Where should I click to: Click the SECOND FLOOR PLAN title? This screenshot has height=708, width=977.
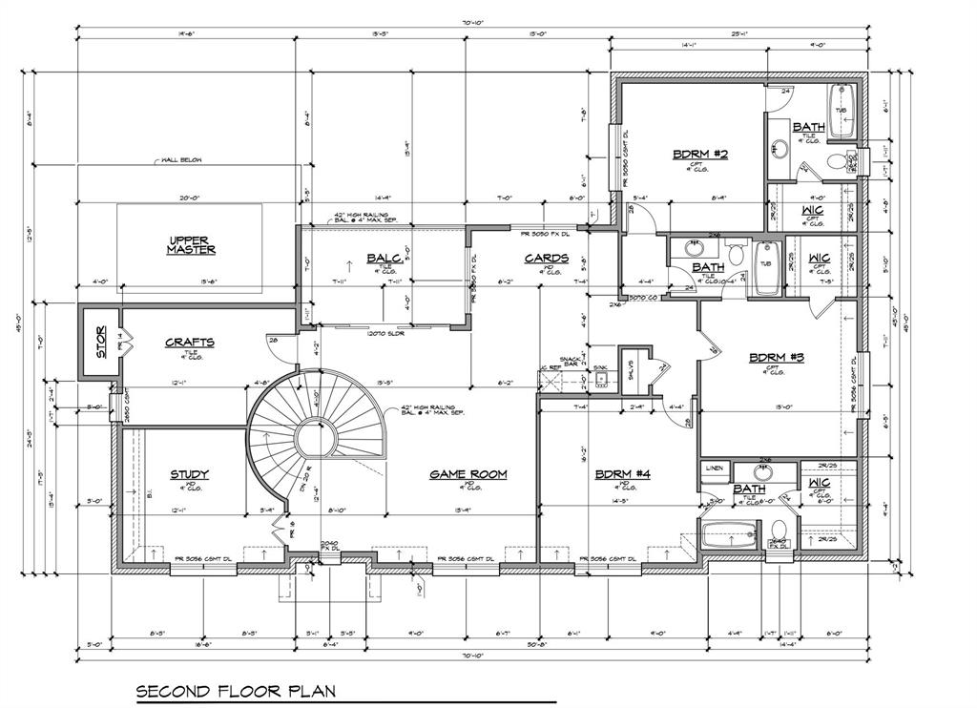[x=236, y=690]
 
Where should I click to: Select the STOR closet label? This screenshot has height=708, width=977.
[x=100, y=343]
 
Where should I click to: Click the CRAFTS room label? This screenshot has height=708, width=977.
[x=189, y=342]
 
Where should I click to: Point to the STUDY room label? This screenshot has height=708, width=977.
[x=189, y=474]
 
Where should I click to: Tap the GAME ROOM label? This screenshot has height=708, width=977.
[x=468, y=474]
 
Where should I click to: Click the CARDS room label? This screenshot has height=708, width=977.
[x=547, y=258]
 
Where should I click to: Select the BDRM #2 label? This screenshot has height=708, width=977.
[x=700, y=154]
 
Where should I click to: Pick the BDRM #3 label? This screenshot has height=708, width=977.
[x=777, y=358]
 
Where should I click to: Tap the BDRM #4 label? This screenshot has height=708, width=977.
[x=622, y=474]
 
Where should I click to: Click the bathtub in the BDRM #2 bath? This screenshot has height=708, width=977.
[x=841, y=110]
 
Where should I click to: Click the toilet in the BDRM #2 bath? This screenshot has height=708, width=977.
[x=836, y=161]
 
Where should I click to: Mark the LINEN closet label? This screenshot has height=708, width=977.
[x=715, y=469]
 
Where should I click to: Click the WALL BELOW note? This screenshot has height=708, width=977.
[x=181, y=161]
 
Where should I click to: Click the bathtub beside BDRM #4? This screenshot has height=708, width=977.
[x=730, y=533]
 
